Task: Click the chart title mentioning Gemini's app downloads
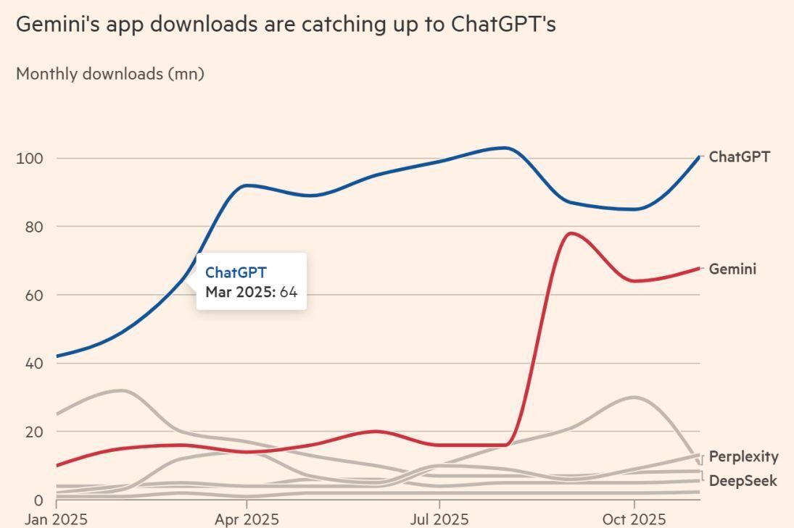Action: pyautogui.click(x=286, y=24)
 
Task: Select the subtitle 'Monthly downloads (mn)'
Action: pyautogui.click(x=110, y=74)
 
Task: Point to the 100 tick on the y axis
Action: pyautogui.click(x=30, y=159)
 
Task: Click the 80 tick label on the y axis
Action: pyautogui.click(x=34, y=227)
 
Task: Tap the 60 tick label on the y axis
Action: pyautogui.click(x=34, y=296)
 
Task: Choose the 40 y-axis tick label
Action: pyautogui.click(x=34, y=364)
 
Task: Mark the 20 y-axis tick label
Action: pyautogui.click(x=34, y=432)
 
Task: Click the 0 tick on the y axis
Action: pyautogui.click(x=38, y=500)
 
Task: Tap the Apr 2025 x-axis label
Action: pyautogui.click(x=247, y=519)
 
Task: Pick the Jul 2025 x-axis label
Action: pyautogui.click(x=439, y=519)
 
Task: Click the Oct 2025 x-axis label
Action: pyautogui.click(x=634, y=519)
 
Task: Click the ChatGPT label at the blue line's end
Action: pyautogui.click(x=739, y=156)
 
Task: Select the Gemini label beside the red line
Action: pyautogui.click(x=732, y=269)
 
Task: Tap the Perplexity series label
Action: pyautogui.click(x=743, y=456)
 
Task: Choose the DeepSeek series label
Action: pyautogui.click(x=743, y=481)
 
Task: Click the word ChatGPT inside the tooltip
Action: pyautogui.click(x=236, y=272)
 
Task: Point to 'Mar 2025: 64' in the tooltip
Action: pyautogui.click(x=251, y=292)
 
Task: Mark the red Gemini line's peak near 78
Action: pyautogui.click(x=571, y=233)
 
